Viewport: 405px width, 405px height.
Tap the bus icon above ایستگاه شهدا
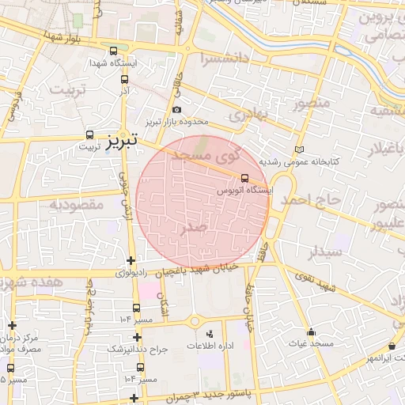(x=114, y=50)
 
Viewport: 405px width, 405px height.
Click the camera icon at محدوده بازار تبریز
(x=176, y=110)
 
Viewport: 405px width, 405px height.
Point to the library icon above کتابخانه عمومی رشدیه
(x=298, y=150)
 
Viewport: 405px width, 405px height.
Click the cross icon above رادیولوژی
(x=131, y=261)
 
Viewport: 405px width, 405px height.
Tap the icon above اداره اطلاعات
(x=210, y=334)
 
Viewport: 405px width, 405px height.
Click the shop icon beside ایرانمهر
(x=392, y=346)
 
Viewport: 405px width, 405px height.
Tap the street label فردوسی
(x=13, y=108)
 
